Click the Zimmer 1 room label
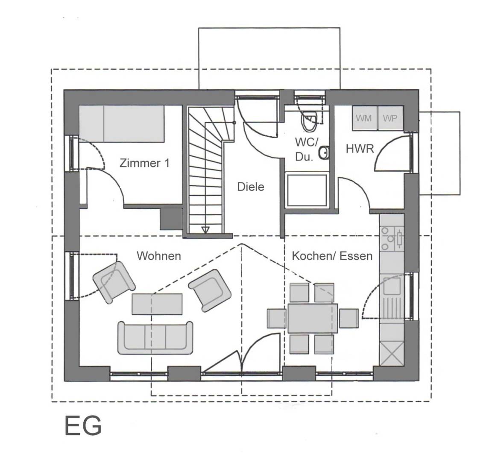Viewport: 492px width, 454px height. point(144,163)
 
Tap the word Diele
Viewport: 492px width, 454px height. point(251,187)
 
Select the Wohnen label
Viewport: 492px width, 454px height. point(159,256)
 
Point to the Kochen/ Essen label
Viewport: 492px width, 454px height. point(332,256)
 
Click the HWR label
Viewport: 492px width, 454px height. point(360,149)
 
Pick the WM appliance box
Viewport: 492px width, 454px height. point(364,118)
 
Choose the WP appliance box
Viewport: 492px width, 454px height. point(390,118)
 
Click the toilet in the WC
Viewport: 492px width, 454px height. point(309,121)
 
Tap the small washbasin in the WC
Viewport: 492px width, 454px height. point(324,153)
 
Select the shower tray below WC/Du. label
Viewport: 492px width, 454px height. point(307,190)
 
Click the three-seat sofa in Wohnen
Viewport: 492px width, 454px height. point(155,338)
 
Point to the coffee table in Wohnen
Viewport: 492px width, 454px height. point(157,304)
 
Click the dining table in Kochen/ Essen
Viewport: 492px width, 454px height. point(313,318)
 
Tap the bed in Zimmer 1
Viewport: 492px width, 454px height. point(121,123)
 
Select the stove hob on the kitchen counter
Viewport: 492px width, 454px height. point(392,239)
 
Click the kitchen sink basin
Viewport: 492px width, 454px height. point(392,286)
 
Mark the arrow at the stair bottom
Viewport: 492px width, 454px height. point(205,230)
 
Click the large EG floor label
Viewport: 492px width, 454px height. point(83,426)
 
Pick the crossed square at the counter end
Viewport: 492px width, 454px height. point(392,353)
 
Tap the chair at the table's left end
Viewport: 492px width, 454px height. point(277,318)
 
